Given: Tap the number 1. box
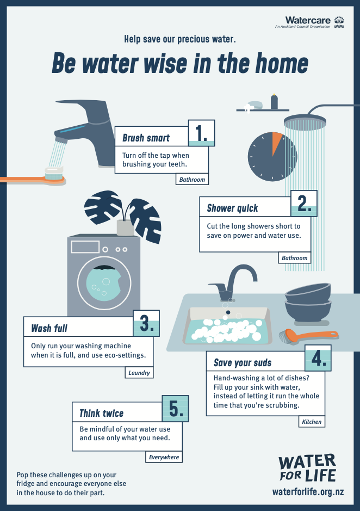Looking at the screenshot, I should coord(202,133).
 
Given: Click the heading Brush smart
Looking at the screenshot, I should coord(146,138).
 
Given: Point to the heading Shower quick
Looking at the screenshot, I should coord(233,208).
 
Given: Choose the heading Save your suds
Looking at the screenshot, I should coord(243,363).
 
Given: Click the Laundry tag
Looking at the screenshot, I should coord(138,373).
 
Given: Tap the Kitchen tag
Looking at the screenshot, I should coord(312,421).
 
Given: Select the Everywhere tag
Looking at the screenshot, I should coord(164,457).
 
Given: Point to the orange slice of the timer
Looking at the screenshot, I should coord(277,143).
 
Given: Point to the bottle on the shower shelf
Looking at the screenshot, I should coord(274,101).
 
